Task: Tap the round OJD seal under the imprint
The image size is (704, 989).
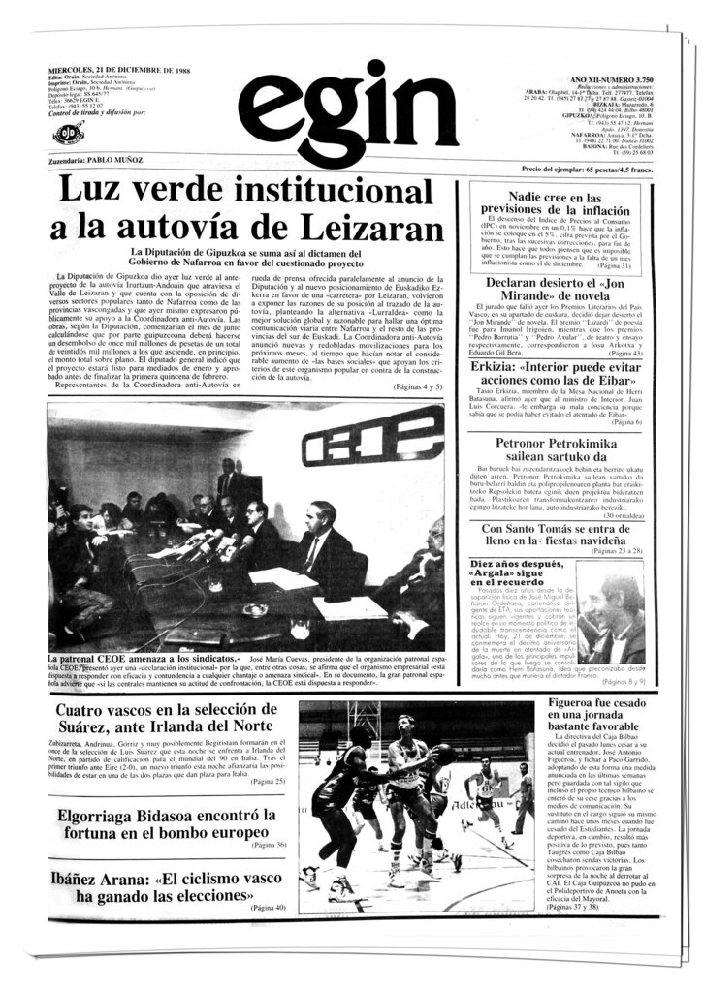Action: coord(66,134)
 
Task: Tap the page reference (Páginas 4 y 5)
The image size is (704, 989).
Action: coord(417,387)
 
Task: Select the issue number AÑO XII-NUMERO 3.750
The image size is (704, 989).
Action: coord(607,77)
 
